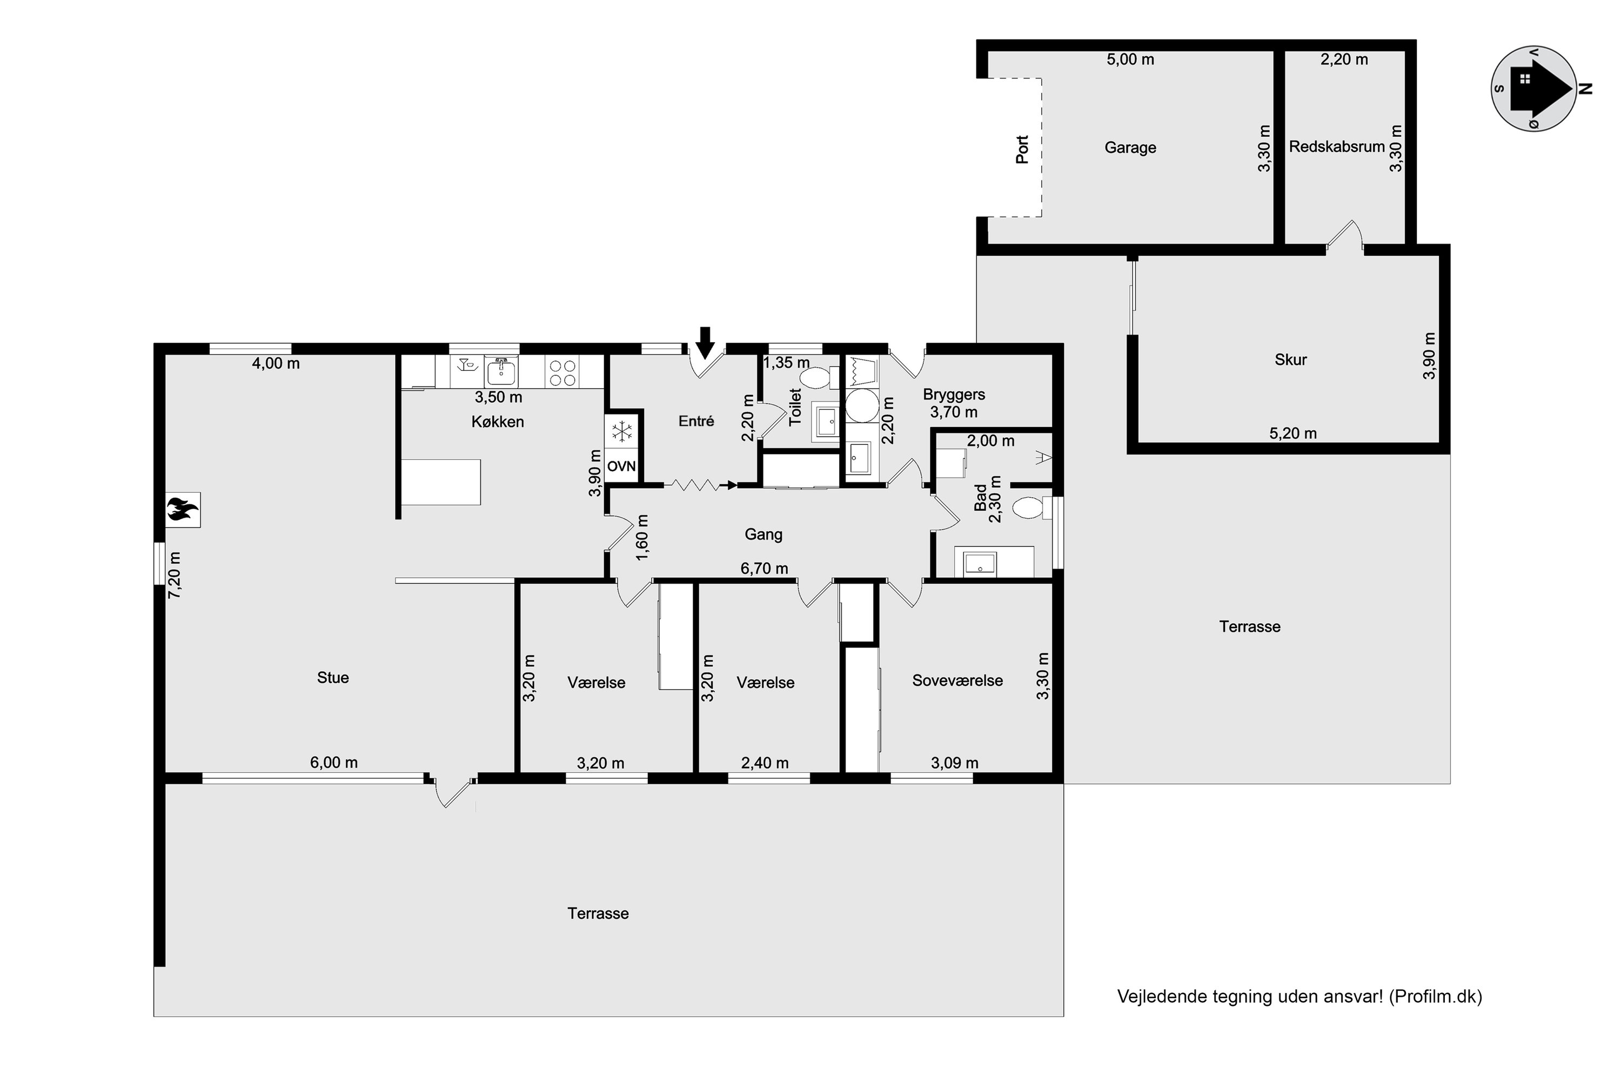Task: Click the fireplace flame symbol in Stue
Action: tap(183, 510)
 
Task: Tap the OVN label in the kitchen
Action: tap(622, 466)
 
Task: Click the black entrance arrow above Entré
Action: tap(705, 343)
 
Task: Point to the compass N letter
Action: tap(1585, 88)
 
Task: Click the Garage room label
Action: tap(1130, 148)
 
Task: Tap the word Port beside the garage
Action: tap(1022, 149)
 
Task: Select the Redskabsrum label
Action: tap(1337, 147)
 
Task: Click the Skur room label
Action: tap(1291, 359)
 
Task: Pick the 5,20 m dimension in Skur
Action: tap(1293, 433)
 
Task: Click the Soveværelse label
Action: tap(957, 680)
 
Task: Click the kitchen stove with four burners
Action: tap(562, 372)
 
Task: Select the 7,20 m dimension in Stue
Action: tap(175, 575)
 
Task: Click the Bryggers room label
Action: tap(954, 395)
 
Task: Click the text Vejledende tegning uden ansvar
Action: tap(1250, 996)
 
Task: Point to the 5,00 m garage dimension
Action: tap(1130, 59)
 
